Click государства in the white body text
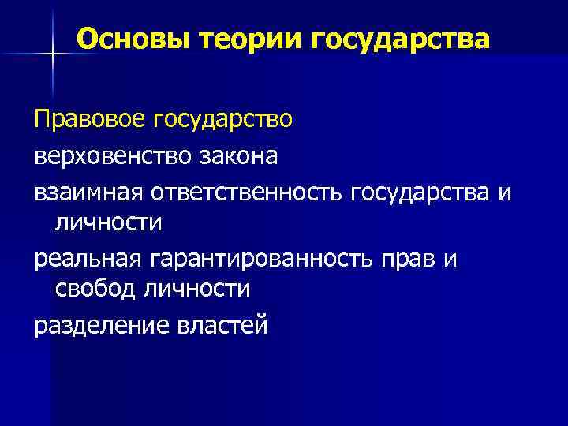coord(422,190)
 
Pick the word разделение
coord(95,324)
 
